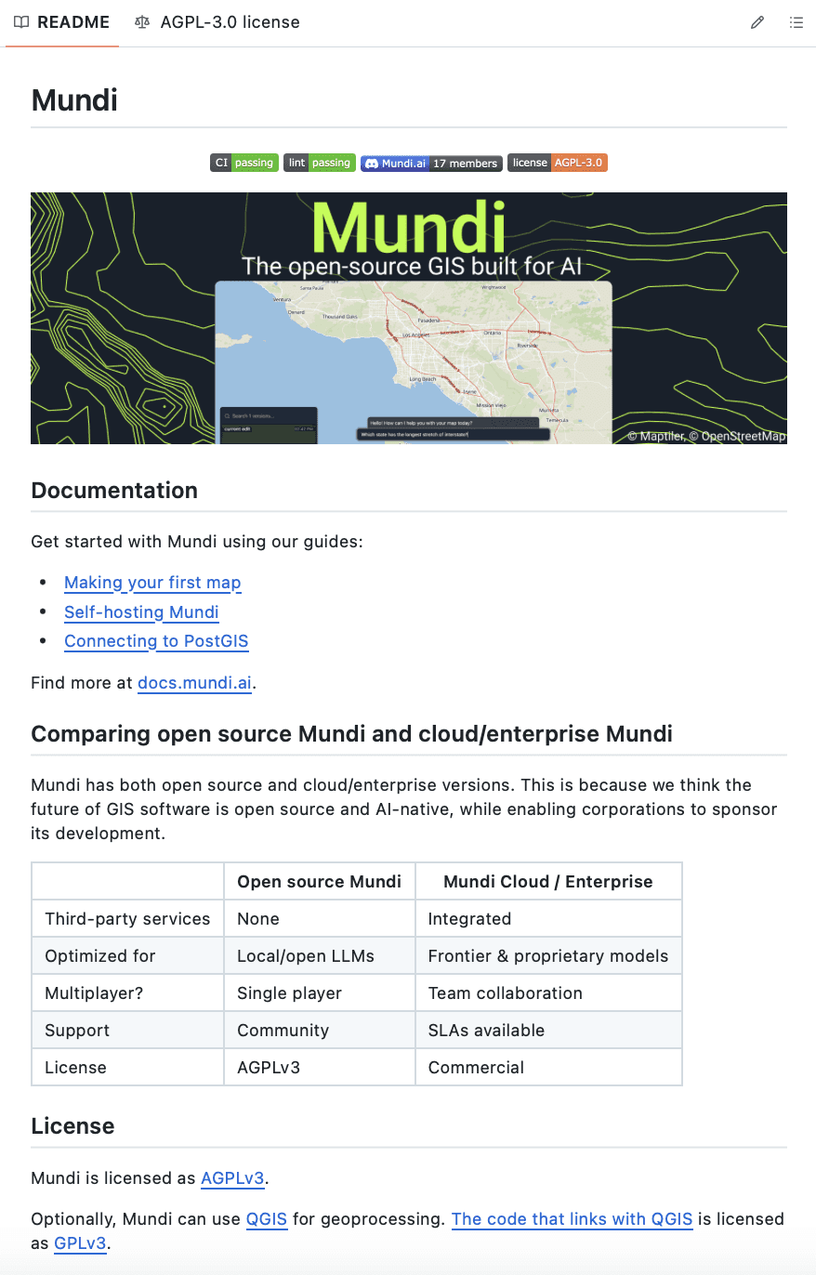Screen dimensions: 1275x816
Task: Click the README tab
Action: [62, 22]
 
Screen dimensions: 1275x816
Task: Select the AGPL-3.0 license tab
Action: [217, 22]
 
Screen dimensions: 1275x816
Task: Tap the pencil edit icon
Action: [757, 22]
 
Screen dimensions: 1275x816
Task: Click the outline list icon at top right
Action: [796, 22]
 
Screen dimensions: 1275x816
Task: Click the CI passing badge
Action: [244, 163]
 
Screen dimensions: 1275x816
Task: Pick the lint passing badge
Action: [320, 163]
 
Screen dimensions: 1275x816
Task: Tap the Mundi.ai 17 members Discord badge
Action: [431, 163]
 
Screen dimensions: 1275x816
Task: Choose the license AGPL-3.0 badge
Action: [558, 163]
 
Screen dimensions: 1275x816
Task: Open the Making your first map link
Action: [152, 583]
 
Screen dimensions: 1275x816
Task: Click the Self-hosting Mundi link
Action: [141, 611]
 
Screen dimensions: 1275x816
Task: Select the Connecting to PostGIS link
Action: [156, 641]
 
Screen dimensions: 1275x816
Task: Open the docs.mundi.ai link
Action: [194, 683]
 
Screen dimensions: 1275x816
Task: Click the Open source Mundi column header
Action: [319, 882]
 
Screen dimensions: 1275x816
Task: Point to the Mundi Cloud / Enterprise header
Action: [548, 882]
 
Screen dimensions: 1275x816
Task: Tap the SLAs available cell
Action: [486, 1031]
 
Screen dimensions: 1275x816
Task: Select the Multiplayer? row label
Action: [94, 993]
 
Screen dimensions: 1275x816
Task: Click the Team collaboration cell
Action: [505, 993]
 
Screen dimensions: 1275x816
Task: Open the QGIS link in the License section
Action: [267, 1218]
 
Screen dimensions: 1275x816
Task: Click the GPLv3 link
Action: [81, 1243]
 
